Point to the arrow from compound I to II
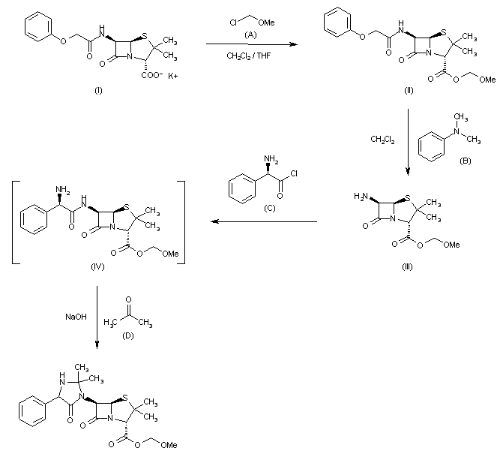tap(251, 46)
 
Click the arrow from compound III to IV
tap(262, 222)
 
